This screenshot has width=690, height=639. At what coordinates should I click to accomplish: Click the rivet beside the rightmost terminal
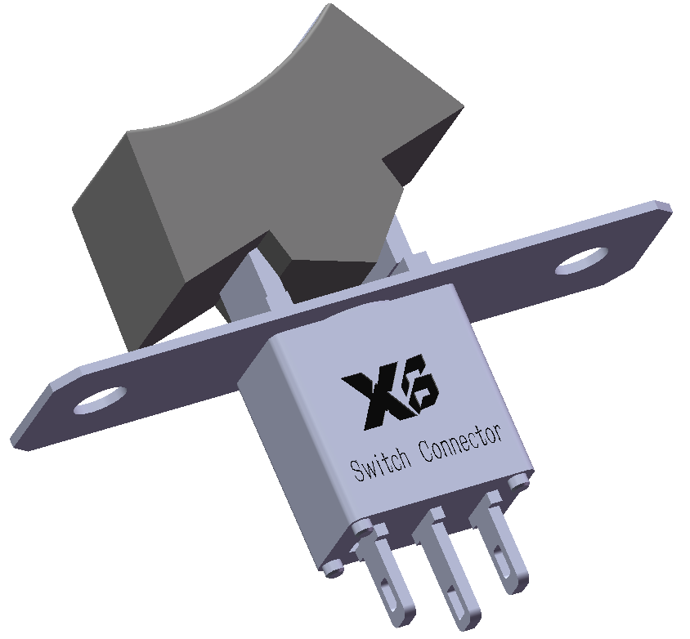coord(517,485)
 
